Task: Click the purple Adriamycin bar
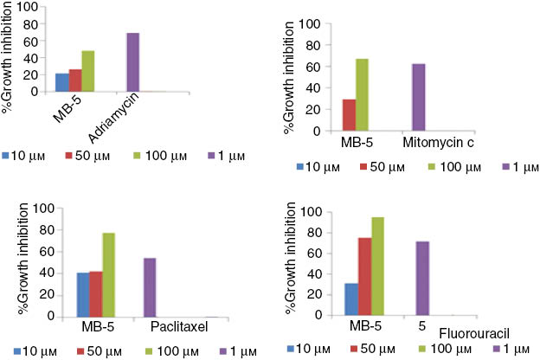tap(133, 62)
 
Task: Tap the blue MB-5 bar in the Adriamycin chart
tap(61, 82)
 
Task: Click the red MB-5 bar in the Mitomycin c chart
tap(349, 115)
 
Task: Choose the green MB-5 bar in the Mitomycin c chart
tap(362, 94)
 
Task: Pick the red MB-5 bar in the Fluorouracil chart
tap(364, 277)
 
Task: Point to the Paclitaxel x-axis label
tap(176, 328)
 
